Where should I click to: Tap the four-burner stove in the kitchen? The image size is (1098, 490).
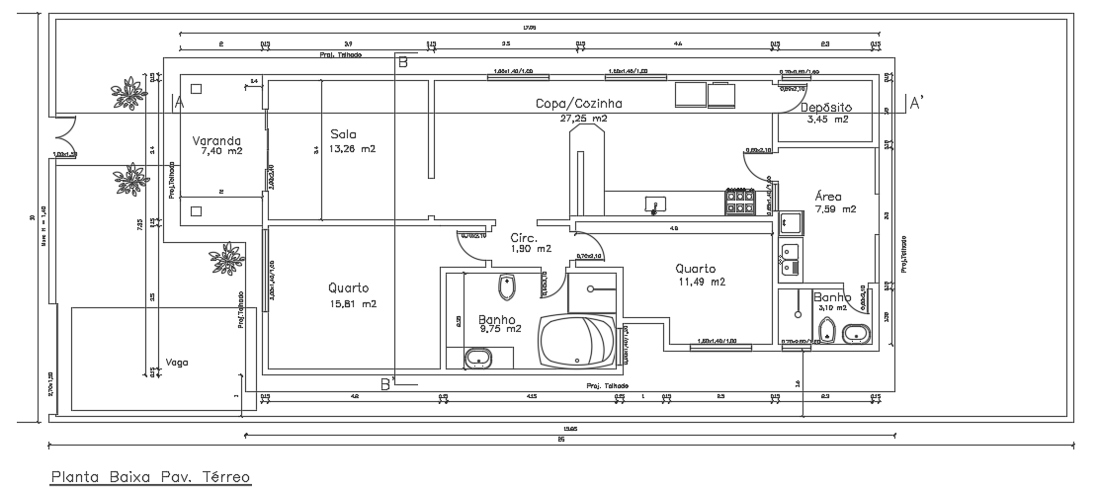tap(740, 203)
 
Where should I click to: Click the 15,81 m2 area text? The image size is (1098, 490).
tap(353, 304)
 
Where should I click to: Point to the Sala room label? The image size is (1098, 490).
tap(343, 134)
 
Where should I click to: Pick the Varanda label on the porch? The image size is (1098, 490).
tap(214, 142)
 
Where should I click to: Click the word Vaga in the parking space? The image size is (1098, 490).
tap(177, 363)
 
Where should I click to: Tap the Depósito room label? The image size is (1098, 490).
tap(826, 107)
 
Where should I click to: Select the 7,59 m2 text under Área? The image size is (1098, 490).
tap(835, 209)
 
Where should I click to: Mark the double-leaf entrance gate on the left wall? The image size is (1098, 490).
tap(64, 128)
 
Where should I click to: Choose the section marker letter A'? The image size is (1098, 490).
tap(916, 103)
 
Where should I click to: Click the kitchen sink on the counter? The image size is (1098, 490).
tap(654, 204)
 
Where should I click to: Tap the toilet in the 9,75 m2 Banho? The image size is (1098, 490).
tap(507, 287)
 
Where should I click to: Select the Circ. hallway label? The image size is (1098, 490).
tap(523, 238)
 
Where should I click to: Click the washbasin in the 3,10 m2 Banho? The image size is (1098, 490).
tap(856, 334)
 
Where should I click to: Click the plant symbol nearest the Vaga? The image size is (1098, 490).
tap(227, 258)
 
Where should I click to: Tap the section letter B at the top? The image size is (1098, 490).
tap(401, 62)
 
